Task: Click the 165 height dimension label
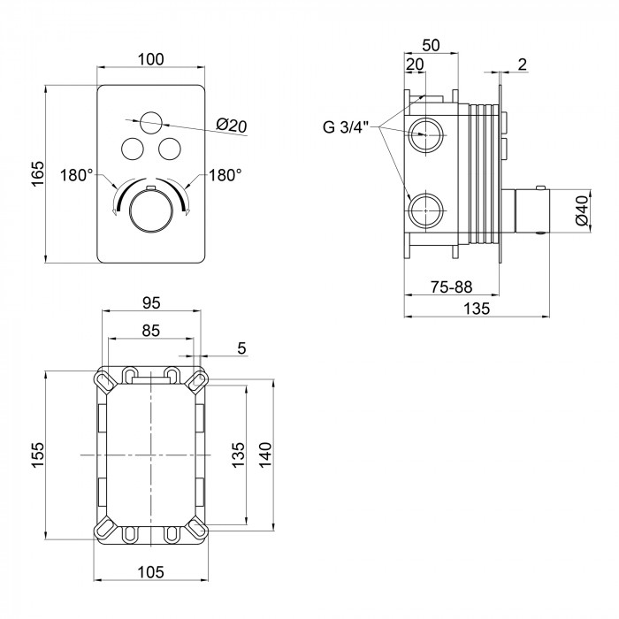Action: coord(37,173)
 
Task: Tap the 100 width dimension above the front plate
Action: coord(151,59)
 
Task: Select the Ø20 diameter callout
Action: coord(232,126)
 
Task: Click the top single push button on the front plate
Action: coord(151,123)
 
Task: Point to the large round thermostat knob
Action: coord(151,210)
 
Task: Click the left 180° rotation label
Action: coord(77,175)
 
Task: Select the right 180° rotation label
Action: coord(225,175)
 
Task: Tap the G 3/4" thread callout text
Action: coord(346,127)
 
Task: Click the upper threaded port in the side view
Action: coord(425,135)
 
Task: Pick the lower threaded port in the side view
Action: coord(425,210)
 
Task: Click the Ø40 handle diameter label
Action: coord(582,210)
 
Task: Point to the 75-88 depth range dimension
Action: coord(451,287)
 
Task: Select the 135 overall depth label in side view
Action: coord(477,309)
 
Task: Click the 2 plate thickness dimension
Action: coord(523,65)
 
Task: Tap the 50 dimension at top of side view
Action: coord(431,45)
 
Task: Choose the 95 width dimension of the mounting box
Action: coord(151,302)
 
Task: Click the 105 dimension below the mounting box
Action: coord(151,571)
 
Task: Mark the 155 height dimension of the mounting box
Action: coord(38,455)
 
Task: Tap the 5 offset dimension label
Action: coord(241,348)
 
